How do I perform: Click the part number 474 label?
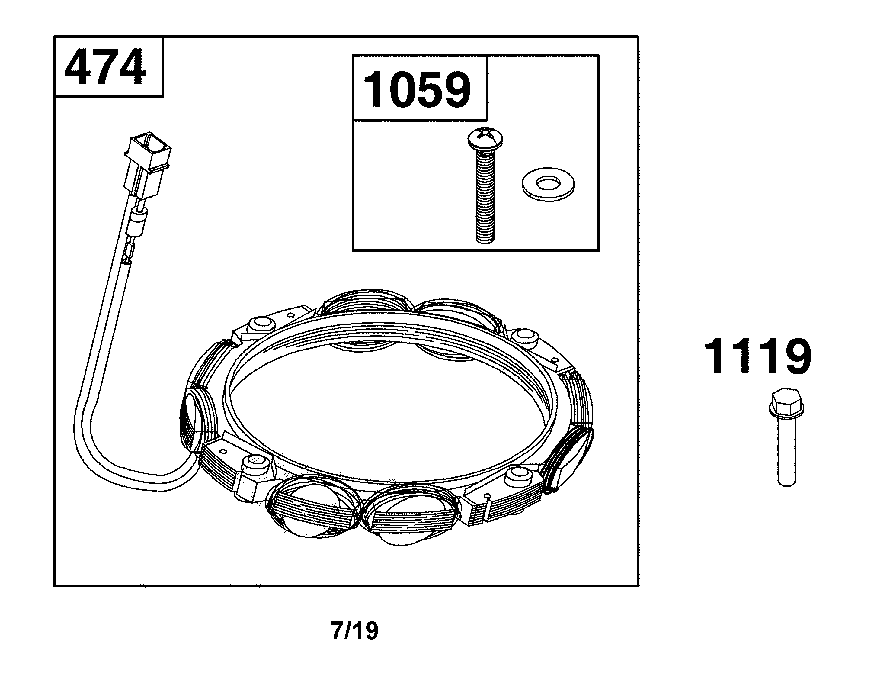point(105,67)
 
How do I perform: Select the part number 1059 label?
point(417,90)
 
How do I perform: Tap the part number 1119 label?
point(757,356)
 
